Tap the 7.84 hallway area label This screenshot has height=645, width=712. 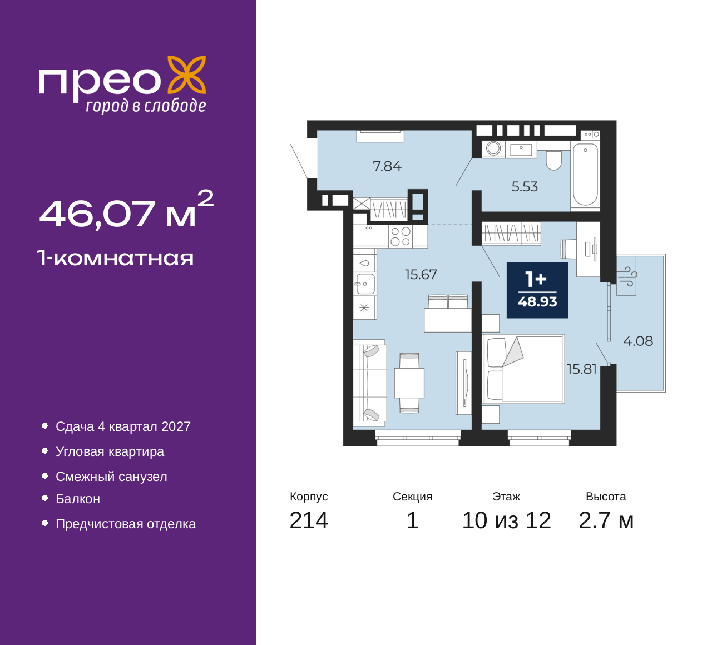pyautogui.click(x=387, y=166)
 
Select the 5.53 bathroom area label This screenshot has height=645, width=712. pyautogui.click(x=525, y=186)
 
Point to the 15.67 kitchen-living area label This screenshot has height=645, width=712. pyautogui.click(x=421, y=274)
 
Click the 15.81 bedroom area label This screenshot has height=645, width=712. pyautogui.click(x=582, y=369)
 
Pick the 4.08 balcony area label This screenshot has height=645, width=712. pyautogui.click(x=638, y=341)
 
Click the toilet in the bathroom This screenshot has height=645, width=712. pyautogui.click(x=553, y=160)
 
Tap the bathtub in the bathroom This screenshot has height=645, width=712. pyautogui.click(x=585, y=175)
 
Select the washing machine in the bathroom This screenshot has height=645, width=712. pyautogui.click(x=493, y=148)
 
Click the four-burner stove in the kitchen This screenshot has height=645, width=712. pyautogui.click(x=400, y=236)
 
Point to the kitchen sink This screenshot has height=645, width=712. pyautogui.click(x=365, y=284)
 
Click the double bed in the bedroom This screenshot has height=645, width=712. pyautogui.click(x=523, y=369)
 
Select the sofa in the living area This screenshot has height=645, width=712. pyautogui.click(x=369, y=383)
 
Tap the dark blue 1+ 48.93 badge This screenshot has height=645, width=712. pyautogui.click(x=537, y=290)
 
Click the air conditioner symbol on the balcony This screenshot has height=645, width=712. pyautogui.click(x=627, y=276)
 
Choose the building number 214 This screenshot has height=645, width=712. pyautogui.click(x=309, y=520)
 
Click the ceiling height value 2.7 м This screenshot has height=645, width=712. pyautogui.click(x=606, y=520)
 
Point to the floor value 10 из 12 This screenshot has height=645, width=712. pyautogui.click(x=507, y=520)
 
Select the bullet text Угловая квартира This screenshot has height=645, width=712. pyautogui.click(x=110, y=451)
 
